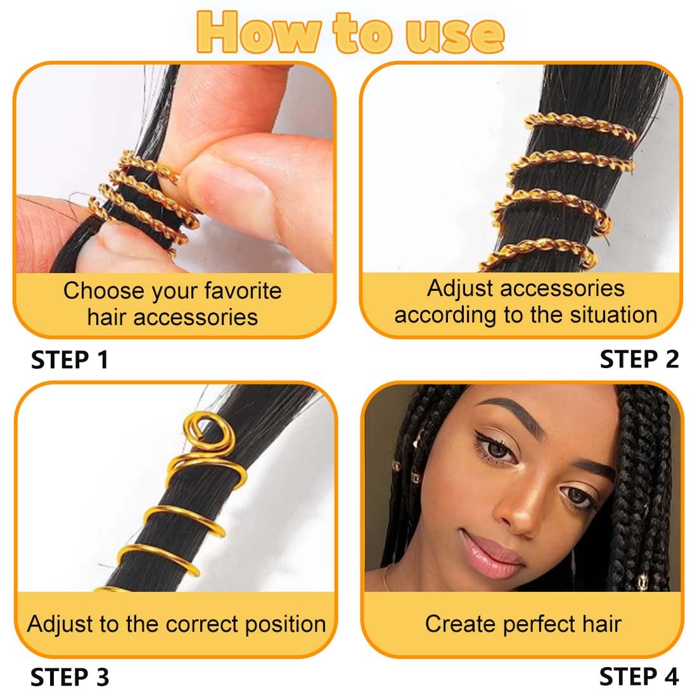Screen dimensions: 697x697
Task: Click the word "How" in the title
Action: point(259,32)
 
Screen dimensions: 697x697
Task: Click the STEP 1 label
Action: point(70,360)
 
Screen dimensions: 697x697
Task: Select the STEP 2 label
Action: point(639,359)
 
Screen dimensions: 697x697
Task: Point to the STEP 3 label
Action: point(70,677)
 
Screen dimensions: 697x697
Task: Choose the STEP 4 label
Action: point(639,677)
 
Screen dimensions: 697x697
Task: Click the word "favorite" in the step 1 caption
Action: point(243,291)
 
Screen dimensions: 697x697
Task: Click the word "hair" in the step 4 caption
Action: point(602,623)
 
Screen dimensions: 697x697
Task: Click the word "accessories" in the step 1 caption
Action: point(196,318)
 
